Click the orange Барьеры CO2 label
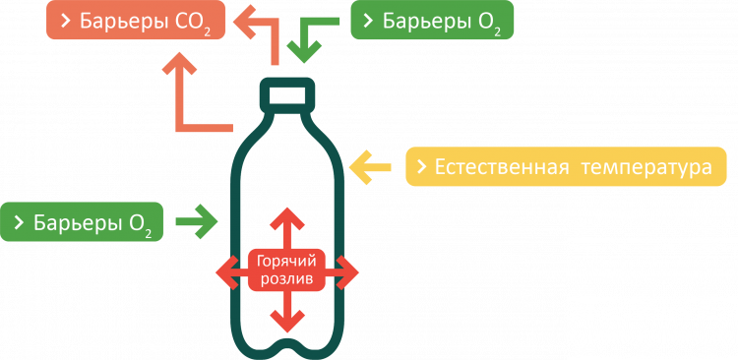pos(137,22)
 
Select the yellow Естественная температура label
pos(566,167)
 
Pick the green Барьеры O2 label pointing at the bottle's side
pos(83,222)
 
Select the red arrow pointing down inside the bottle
pos(286,313)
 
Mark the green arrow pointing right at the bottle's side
pos(197,222)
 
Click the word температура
pos(645,167)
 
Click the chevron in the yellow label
pos(420,168)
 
